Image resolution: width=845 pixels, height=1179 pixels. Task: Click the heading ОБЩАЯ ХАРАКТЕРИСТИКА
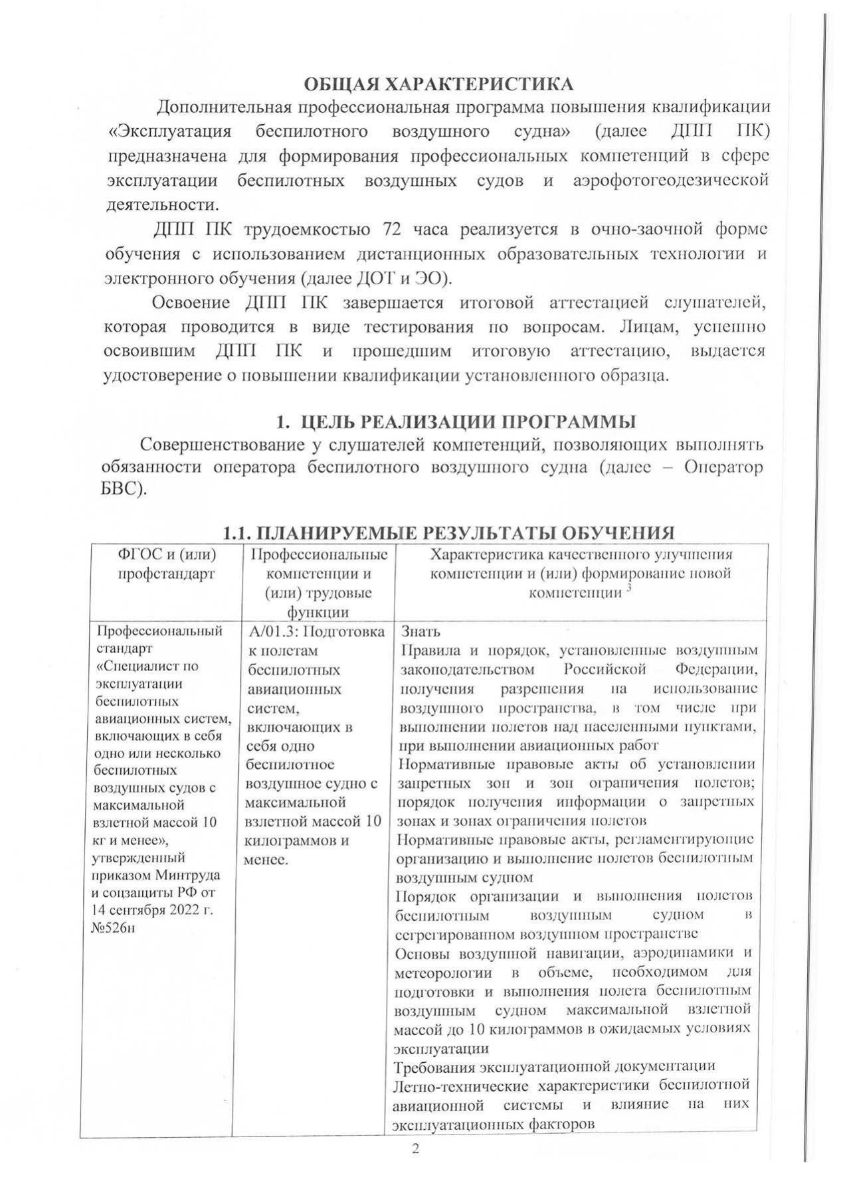438,84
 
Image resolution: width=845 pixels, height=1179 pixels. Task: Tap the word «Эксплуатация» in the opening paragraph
169,131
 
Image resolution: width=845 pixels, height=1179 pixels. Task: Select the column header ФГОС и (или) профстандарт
167,564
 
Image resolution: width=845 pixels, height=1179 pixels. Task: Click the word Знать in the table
421,631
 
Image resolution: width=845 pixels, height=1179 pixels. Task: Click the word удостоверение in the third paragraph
163,375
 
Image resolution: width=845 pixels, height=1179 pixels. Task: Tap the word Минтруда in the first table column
188,874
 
